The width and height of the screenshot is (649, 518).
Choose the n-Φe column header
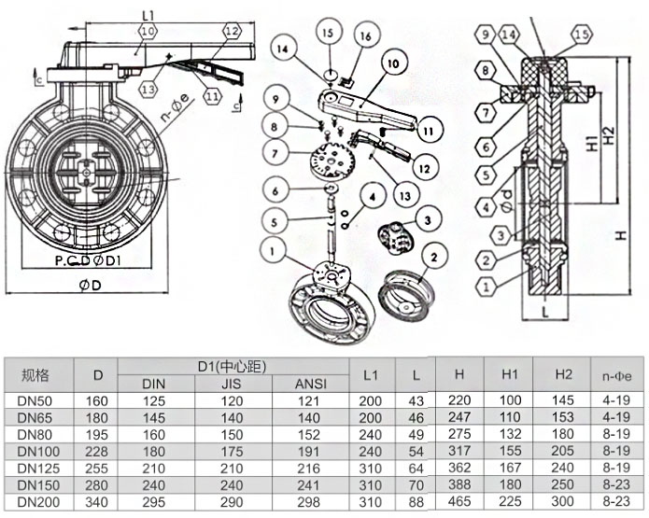click(x=616, y=374)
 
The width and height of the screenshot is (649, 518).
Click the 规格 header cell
click(x=35, y=374)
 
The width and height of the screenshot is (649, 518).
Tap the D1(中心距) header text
click(x=232, y=364)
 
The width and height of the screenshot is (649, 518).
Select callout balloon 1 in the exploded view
click(x=273, y=250)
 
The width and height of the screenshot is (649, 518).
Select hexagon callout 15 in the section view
click(x=581, y=35)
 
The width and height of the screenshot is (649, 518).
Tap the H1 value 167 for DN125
click(x=510, y=467)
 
